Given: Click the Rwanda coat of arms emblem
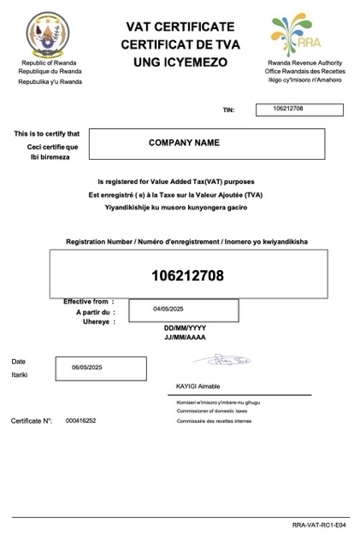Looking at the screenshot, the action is (x=48, y=37).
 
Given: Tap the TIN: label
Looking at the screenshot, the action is (x=228, y=110).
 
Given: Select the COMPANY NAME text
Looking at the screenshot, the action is (x=185, y=143).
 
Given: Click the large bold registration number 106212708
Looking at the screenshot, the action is (x=187, y=275).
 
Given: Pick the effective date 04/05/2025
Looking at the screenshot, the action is (x=169, y=309).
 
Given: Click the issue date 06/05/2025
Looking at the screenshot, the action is (x=87, y=367).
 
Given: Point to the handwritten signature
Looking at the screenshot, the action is (x=233, y=362).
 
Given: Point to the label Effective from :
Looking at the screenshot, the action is (x=86, y=302).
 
